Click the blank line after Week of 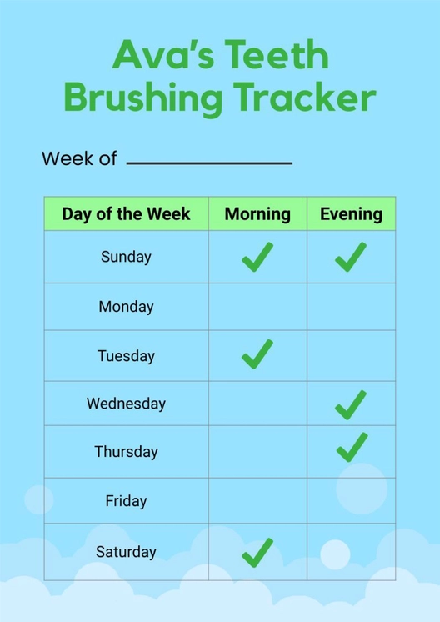point(208,161)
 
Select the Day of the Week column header point(126,214)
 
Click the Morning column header point(257,214)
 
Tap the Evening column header point(351,214)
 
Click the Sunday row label point(126,257)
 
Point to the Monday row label point(126,307)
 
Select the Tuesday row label point(126,356)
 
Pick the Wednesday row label point(126,404)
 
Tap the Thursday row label point(126,452)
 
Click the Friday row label point(126,501)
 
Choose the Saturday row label point(126,552)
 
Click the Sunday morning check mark point(257,257)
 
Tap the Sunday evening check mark point(351,257)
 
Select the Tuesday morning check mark point(257,354)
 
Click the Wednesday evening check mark point(351,404)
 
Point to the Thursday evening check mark point(352,448)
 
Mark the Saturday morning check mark point(257,551)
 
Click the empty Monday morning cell point(257,307)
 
